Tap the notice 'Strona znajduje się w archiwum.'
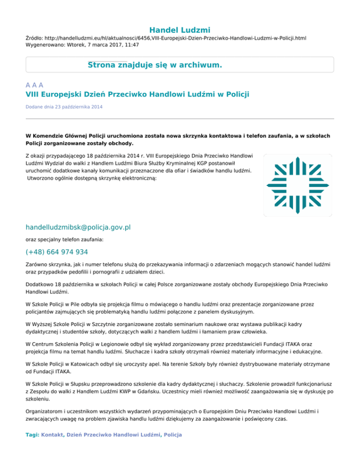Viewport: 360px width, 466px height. click(155, 65)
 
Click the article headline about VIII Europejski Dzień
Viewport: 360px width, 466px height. click(137, 95)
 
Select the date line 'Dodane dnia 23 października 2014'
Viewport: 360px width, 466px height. click(64, 107)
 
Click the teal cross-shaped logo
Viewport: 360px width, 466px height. click(298, 185)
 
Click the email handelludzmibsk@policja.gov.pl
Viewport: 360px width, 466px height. click(78, 227)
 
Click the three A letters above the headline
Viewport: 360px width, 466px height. click(35, 85)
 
